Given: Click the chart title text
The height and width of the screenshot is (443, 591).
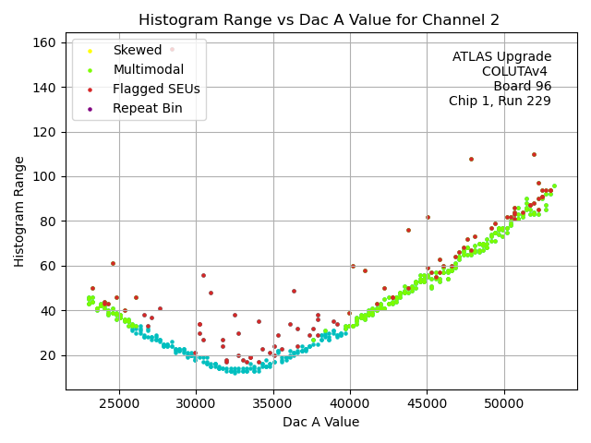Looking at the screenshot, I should tap(320, 20).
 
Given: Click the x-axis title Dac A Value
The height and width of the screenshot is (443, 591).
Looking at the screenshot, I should tap(320, 422).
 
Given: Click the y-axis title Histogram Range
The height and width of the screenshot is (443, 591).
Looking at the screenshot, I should tap(19, 211).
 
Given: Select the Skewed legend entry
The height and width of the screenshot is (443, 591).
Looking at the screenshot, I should tap(137, 51).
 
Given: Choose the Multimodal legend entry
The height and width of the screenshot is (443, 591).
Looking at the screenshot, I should tap(148, 70).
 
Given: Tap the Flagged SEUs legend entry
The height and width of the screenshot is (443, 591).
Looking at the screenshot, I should tap(155, 90).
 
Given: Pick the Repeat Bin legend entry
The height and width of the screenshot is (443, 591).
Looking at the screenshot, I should tap(147, 109).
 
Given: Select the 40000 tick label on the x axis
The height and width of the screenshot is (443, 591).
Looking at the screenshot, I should tap(350, 402).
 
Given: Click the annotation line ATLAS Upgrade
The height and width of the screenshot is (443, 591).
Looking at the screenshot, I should tap(501, 57).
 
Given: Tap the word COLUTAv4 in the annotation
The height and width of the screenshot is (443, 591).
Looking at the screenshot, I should tap(516, 72).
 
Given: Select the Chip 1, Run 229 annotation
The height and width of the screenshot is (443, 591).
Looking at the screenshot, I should tap(500, 102).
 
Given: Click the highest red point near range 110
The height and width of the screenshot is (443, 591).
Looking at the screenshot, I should tap(534, 155).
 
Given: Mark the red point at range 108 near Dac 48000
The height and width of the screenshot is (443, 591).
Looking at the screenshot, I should tap(471, 159).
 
